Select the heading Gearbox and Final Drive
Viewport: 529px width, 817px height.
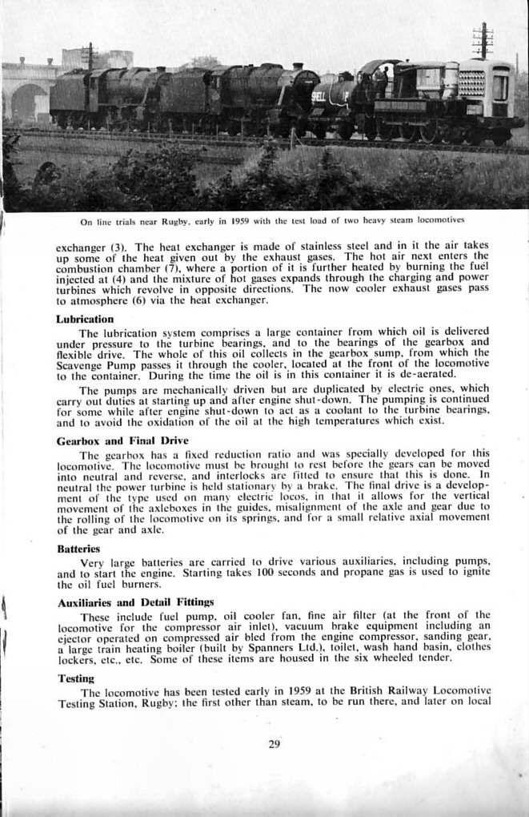click(x=122, y=441)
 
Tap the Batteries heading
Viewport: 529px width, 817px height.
click(x=78, y=549)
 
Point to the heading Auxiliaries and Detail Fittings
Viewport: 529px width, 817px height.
click(x=134, y=602)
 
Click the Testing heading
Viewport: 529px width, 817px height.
click(x=76, y=678)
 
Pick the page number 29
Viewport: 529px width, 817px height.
click(x=275, y=744)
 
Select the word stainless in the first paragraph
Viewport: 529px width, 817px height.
click(x=333, y=245)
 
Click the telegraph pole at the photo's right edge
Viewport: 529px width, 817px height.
click(x=483, y=40)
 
